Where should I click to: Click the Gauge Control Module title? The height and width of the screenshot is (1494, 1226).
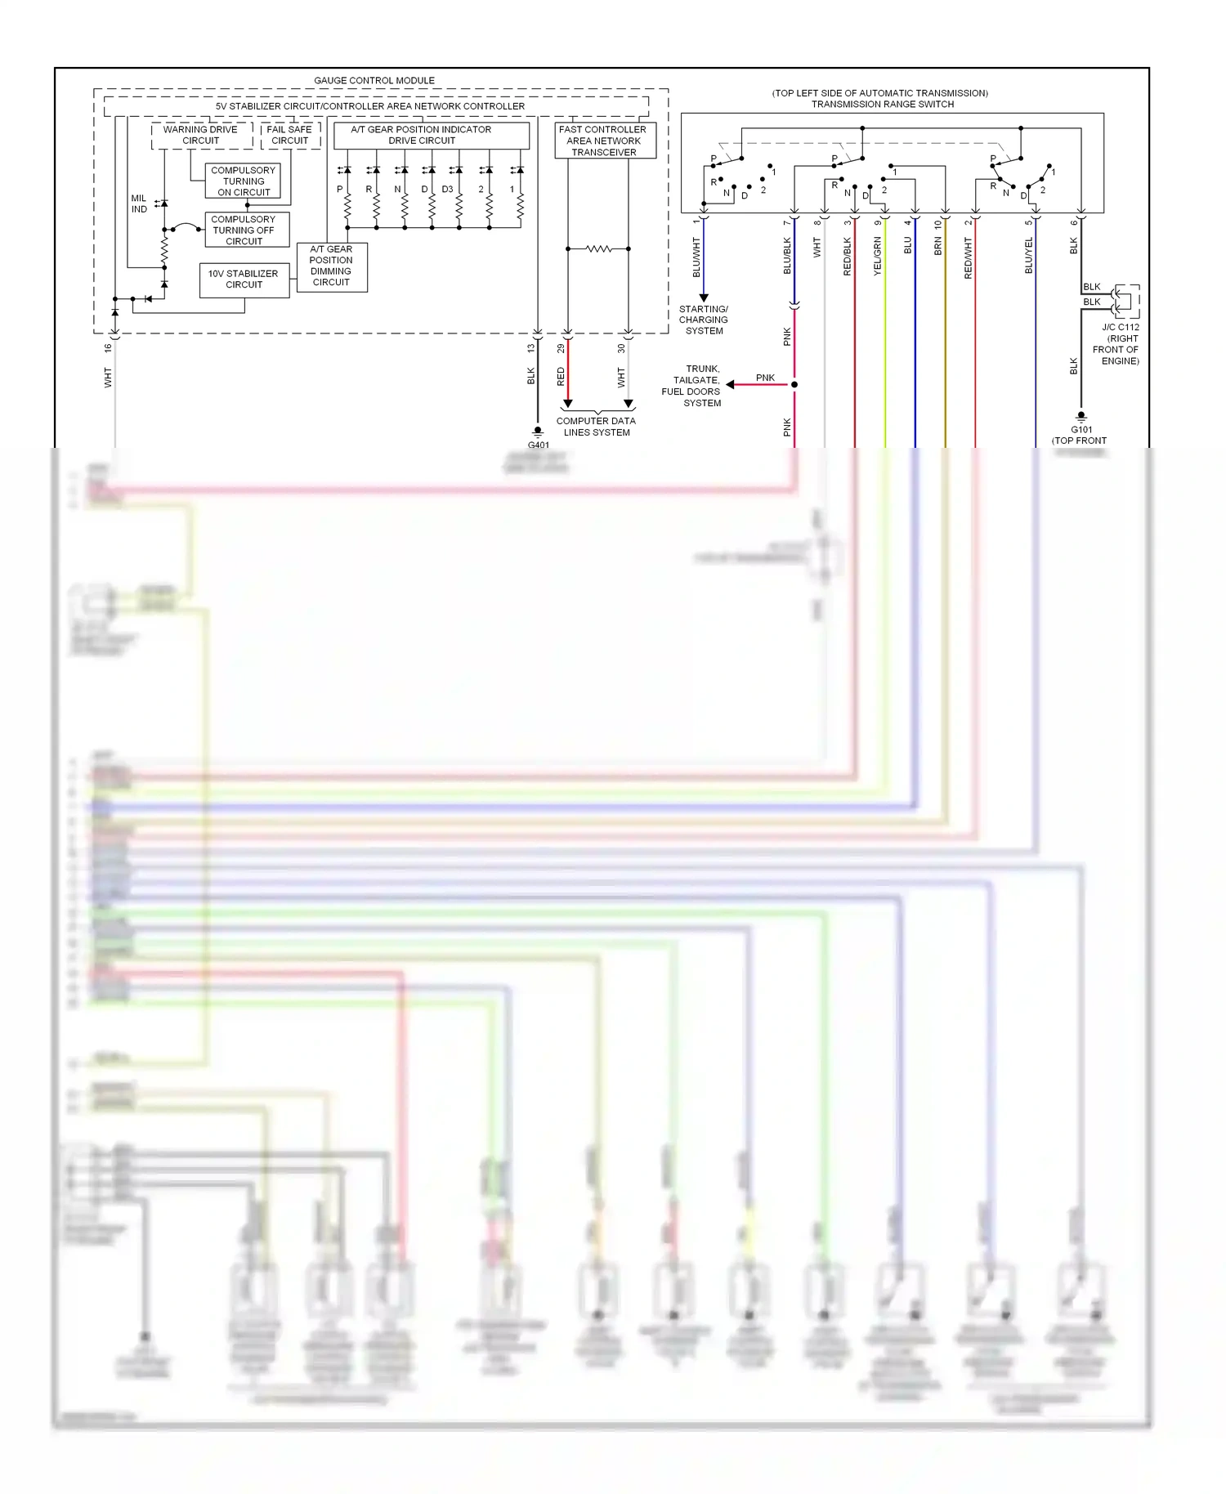[x=374, y=80]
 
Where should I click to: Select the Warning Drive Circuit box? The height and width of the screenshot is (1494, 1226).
[x=200, y=135]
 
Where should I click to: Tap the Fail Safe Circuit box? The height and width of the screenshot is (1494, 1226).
[x=289, y=135]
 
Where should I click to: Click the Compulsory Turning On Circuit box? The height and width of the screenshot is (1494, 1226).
[x=244, y=181]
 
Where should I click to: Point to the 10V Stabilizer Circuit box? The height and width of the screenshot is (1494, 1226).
[x=244, y=280]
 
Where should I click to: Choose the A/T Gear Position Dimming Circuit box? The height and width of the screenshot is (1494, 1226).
[x=331, y=266]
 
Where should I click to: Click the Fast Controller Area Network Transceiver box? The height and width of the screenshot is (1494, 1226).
[x=603, y=141]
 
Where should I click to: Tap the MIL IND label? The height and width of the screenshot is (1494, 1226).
[x=139, y=204]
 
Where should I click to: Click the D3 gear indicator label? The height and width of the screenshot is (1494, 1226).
[x=447, y=190]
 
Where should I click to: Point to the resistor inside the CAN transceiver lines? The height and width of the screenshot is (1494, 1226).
[x=598, y=248]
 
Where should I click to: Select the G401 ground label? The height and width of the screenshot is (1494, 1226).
[x=538, y=445]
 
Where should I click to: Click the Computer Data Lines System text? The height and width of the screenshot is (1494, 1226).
[x=596, y=427]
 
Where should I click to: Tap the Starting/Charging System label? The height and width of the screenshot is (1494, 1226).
[x=704, y=320]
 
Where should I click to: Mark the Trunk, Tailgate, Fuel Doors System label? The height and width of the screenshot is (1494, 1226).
[x=691, y=386]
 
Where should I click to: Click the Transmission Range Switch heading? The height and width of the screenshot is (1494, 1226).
[x=882, y=104]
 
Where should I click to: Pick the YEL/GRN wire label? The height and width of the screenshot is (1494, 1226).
[x=878, y=256]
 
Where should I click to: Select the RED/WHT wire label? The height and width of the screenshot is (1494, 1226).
[x=969, y=258]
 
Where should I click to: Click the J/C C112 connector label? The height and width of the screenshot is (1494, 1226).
[x=1120, y=327]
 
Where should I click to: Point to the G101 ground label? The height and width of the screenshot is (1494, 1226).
[x=1081, y=430]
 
